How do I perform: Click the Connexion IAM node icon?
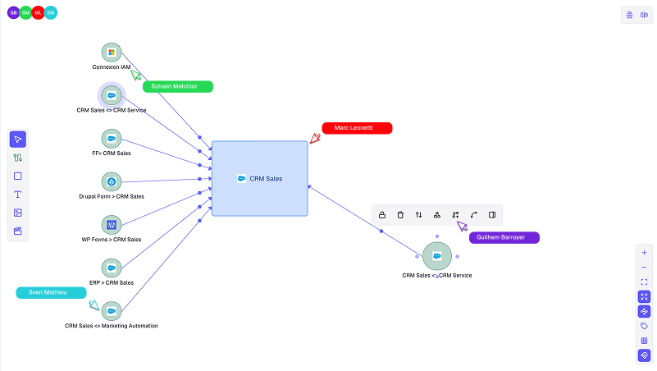click(112, 53)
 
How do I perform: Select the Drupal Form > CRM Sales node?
click(112, 181)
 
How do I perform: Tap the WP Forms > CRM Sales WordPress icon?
click(112, 224)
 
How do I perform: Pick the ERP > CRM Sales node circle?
click(112, 268)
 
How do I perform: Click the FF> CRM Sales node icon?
click(112, 138)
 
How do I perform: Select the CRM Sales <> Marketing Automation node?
click(112, 311)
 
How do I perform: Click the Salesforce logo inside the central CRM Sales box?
click(242, 178)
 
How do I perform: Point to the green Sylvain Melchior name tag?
click(177, 86)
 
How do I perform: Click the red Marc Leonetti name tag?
click(357, 128)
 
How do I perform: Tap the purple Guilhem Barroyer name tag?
click(503, 237)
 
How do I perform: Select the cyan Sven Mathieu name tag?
click(51, 292)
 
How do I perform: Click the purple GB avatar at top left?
click(14, 12)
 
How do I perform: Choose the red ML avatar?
click(39, 12)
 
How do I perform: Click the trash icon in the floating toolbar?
click(400, 215)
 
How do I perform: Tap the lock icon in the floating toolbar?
click(382, 215)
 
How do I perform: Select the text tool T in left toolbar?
click(18, 195)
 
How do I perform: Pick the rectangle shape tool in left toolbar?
click(18, 176)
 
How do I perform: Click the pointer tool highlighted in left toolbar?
click(18, 139)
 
